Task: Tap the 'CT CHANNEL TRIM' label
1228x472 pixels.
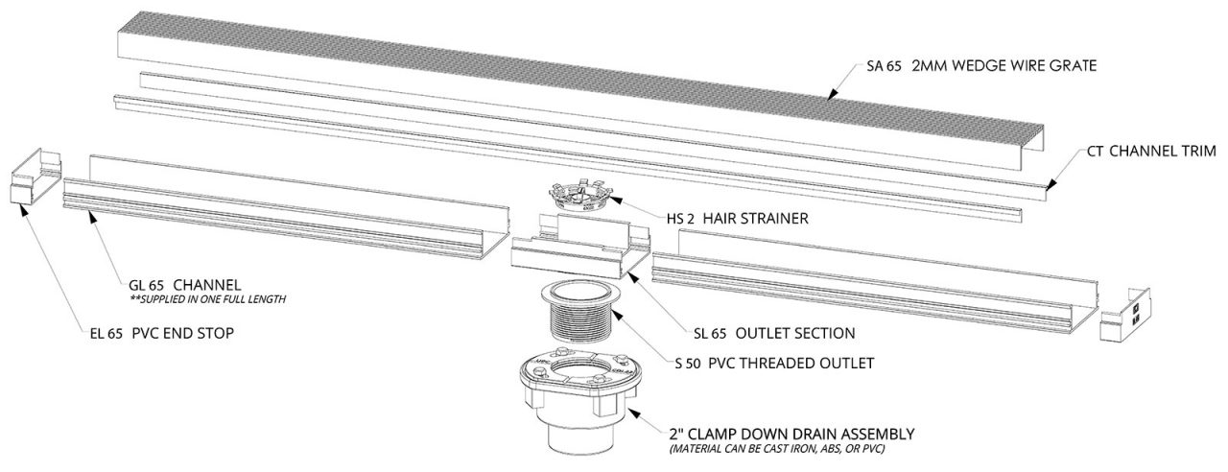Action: tap(1151, 151)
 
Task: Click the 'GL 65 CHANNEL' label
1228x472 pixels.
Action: tap(183, 285)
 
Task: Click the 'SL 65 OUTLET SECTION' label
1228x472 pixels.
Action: tap(773, 333)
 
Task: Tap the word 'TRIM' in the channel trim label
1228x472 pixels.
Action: tap(1196, 151)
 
